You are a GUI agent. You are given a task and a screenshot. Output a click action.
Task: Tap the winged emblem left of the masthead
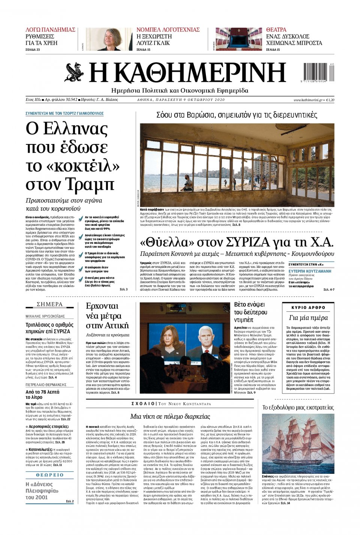[74, 73]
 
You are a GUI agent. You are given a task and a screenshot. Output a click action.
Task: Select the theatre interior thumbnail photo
[238, 39]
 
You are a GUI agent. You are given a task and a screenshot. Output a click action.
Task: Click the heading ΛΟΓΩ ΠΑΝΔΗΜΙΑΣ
[50, 30]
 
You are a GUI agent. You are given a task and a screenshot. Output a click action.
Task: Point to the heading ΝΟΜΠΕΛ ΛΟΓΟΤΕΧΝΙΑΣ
[168, 30]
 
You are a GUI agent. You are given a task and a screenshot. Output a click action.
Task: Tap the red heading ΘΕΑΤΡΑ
[276, 30]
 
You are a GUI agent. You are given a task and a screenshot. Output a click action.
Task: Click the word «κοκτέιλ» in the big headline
[73, 166]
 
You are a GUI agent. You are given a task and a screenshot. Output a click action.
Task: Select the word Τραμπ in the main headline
[91, 184]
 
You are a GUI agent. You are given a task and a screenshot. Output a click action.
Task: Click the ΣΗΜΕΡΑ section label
[49, 304]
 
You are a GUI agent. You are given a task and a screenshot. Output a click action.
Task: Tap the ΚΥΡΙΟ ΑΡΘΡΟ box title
[308, 308]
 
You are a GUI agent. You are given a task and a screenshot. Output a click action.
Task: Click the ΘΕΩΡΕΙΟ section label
[49, 475]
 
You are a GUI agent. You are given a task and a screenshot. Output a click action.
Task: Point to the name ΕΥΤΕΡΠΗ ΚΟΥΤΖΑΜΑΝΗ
[310, 271]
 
